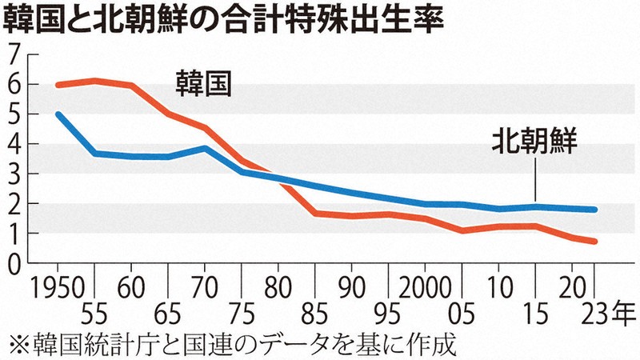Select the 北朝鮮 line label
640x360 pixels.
click(x=534, y=145)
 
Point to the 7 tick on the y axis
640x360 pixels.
click(x=12, y=54)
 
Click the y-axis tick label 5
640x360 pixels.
click(x=12, y=114)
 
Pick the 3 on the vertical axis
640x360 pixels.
click(x=12, y=174)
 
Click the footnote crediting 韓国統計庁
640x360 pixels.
click(x=232, y=346)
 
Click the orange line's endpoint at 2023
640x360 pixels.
click(x=594, y=242)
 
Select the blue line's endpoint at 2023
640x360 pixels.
click(x=594, y=210)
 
